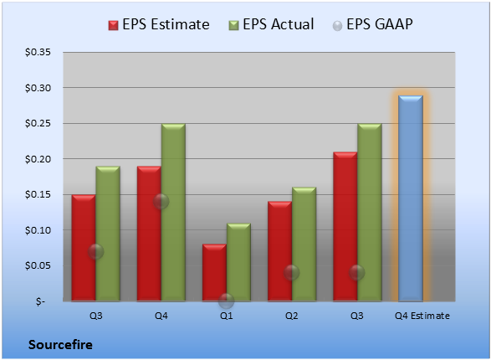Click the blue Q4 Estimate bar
coord(411,198)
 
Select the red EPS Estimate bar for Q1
coord(214,273)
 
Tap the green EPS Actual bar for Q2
coord(304,244)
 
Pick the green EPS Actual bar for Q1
coord(238,262)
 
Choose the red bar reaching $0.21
coord(345,227)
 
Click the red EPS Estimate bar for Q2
coord(279,251)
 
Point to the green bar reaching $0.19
coord(108,234)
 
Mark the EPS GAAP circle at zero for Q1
coord(226,301)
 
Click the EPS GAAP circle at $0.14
coord(161,202)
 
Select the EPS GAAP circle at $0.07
coord(95,252)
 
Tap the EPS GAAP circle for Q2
coord(292,273)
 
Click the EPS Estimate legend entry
coord(159,24)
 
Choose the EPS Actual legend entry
coord(271,24)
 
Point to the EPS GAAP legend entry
coord(372,24)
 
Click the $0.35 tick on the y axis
coord(38,52)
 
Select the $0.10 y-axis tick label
coord(38,230)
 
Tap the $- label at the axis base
coord(40,301)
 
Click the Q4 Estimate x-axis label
coord(422,316)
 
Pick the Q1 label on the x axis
coord(227,316)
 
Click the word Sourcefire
coord(60,345)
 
